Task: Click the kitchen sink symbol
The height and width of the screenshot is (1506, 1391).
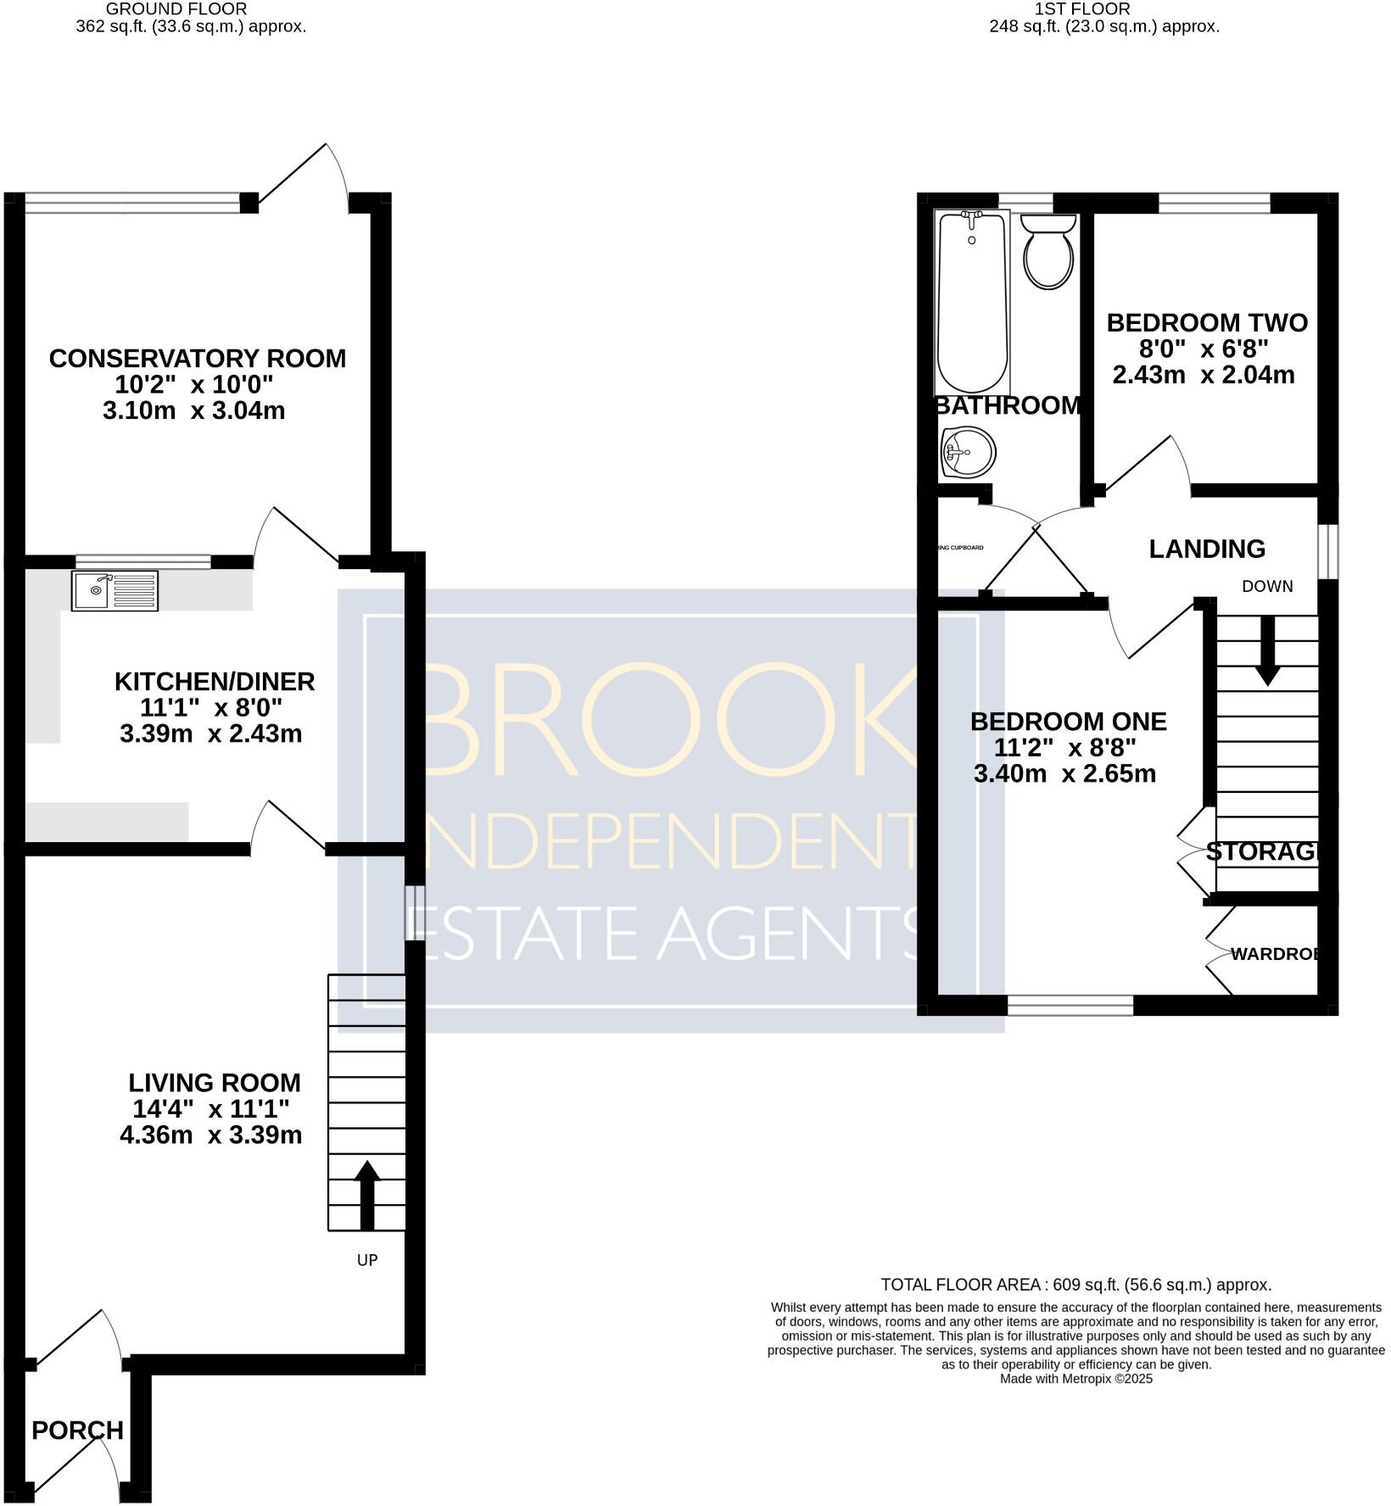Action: [115, 590]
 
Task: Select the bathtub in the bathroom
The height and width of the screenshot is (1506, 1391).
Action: [972, 301]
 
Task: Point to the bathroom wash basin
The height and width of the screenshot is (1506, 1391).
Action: [968, 452]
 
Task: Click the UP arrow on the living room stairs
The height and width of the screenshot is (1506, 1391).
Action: [366, 1196]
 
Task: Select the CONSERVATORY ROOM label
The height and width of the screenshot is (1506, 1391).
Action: [197, 359]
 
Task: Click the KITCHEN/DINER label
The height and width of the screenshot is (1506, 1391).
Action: [214, 681]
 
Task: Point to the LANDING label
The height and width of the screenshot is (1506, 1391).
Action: [1206, 549]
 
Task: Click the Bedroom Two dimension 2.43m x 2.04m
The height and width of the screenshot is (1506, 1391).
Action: [1203, 375]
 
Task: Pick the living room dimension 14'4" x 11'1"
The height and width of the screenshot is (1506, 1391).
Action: [210, 1108]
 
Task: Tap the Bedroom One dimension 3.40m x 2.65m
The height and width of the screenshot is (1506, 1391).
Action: [1064, 773]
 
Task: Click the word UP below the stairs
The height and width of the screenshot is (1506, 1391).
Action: [366, 1260]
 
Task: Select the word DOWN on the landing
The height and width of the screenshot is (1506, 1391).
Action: [1267, 586]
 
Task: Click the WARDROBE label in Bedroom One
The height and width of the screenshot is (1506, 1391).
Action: [1275, 954]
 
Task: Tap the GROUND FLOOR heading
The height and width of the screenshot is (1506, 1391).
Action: [176, 9]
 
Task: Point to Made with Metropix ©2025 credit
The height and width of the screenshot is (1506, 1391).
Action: [1075, 1379]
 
